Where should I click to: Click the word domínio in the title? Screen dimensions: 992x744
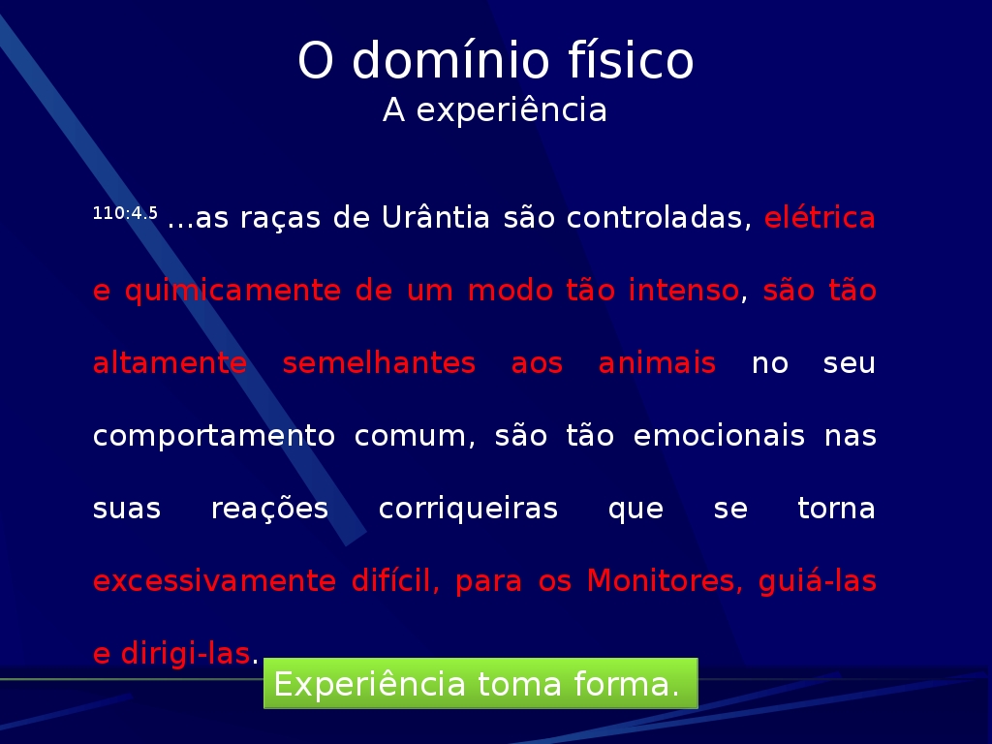(450, 60)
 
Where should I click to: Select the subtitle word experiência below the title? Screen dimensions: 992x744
(511, 109)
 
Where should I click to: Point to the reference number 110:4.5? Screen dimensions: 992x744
(125, 213)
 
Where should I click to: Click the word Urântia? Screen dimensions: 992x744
(436, 218)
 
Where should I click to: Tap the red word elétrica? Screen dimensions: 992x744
(820, 218)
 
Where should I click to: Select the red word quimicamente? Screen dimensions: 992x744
(232, 292)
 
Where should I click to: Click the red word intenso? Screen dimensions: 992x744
(683, 291)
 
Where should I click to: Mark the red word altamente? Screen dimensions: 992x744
(170, 363)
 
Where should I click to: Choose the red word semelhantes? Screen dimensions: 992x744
(379, 363)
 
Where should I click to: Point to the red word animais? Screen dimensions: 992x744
(658, 363)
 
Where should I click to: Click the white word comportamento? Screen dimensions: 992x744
(214, 437)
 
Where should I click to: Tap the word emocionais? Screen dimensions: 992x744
(720, 436)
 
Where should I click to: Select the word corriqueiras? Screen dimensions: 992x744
(468, 510)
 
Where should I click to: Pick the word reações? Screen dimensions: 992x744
(269, 510)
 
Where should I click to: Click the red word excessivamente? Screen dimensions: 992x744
(214, 581)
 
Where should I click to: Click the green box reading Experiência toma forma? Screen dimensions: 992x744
(480, 683)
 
